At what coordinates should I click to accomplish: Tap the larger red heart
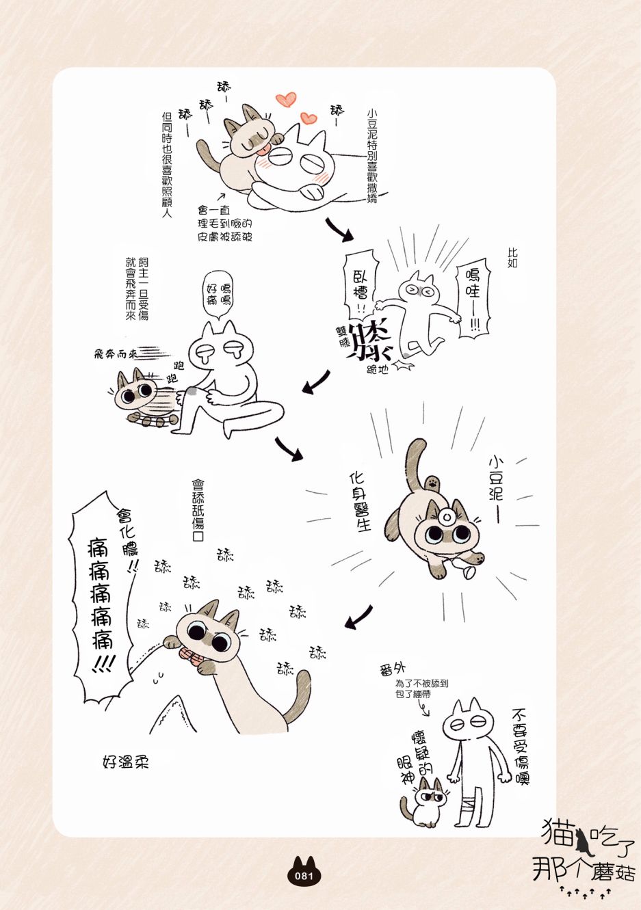[x=285, y=99]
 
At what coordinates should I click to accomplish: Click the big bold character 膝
[x=369, y=340]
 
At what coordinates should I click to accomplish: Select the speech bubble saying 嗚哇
[x=473, y=300]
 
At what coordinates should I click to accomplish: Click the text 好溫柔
[x=126, y=762]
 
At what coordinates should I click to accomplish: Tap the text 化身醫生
[x=360, y=502]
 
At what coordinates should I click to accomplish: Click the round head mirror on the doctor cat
[x=447, y=517]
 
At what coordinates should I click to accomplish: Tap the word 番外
[x=392, y=669]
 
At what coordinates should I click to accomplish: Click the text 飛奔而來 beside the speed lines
[x=114, y=354]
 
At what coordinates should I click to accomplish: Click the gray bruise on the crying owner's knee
[x=192, y=391]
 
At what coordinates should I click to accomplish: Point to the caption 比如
[x=512, y=258]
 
